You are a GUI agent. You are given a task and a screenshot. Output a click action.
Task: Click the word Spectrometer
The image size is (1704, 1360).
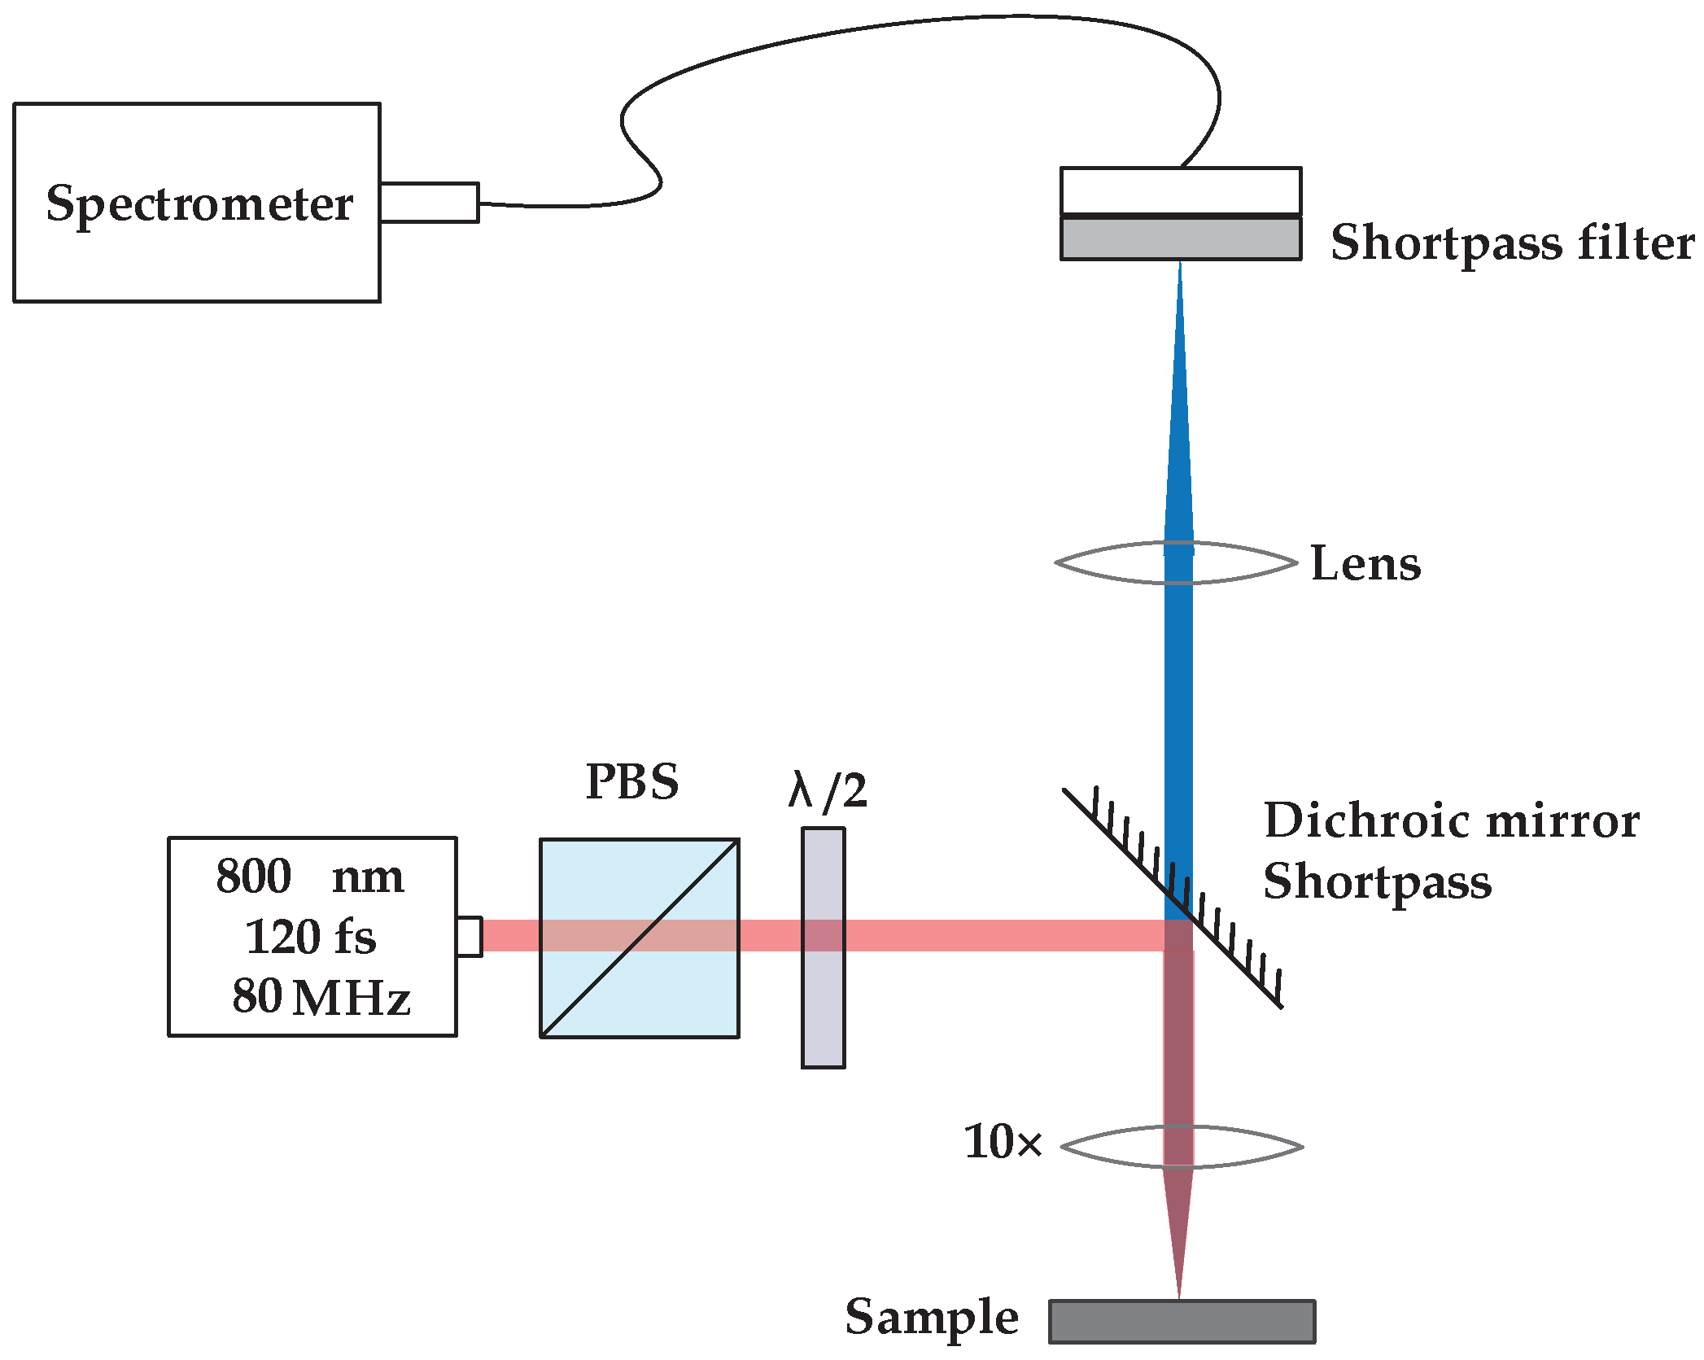pyautogui.click(x=199, y=203)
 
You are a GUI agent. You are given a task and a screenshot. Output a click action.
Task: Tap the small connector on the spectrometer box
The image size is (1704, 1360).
pyautogui.click(x=429, y=203)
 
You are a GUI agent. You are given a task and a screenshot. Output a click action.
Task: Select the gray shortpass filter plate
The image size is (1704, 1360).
pyautogui.click(x=1180, y=238)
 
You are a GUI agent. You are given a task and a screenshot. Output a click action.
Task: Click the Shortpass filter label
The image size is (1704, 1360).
pyautogui.click(x=1512, y=243)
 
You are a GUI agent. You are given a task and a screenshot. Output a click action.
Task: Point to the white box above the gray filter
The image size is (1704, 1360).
pyautogui.click(x=1180, y=190)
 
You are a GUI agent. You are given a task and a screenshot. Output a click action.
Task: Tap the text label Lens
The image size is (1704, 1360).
pyautogui.click(x=1365, y=563)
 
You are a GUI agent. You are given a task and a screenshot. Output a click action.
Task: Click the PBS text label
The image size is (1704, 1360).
pyautogui.click(x=632, y=781)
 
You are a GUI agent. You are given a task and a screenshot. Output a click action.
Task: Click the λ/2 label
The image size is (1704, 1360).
pyautogui.click(x=828, y=790)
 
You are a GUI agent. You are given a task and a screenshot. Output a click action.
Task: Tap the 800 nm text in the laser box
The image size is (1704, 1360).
pyautogui.click(x=310, y=877)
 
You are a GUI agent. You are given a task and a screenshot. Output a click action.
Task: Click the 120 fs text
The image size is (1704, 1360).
pyautogui.click(x=310, y=937)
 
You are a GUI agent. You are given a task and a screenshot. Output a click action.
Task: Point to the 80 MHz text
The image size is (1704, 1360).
pyautogui.click(x=321, y=996)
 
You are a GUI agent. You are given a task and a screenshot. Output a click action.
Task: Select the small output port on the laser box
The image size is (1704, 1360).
pyautogui.click(x=469, y=936)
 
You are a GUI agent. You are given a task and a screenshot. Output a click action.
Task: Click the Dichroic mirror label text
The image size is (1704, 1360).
pyautogui.click(x=1451, y=820)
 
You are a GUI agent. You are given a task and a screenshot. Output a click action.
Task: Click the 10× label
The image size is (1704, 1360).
pyautogui.click(x=1002, y=1142)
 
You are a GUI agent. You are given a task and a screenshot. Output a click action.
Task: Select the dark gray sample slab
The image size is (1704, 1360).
pyautogui.click(x=1182, y=1321)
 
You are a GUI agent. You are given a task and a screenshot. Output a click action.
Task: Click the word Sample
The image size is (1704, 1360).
pyautogui.click(x=932, y=1317)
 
